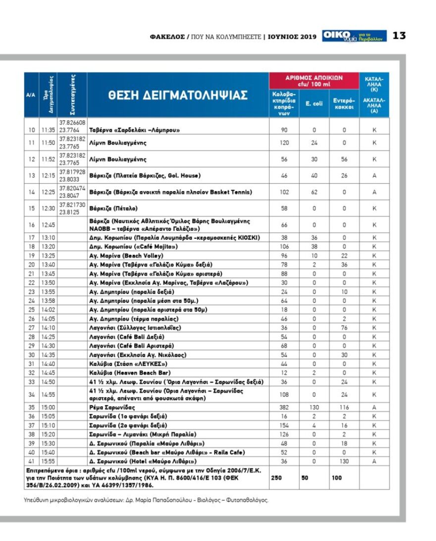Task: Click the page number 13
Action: (x=399, y=36)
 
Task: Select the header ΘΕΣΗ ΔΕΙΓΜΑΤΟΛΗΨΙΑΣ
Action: (x=177, y=96)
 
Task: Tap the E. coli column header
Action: (x=314, y=104)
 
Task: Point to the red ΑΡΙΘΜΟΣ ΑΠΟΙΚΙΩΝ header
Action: (x=314, y=80)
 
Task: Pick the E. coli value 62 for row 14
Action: (x=314, y=192)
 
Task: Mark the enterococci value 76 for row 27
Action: (x=344, y=327)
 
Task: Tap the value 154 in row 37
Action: (x=284, y=425)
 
